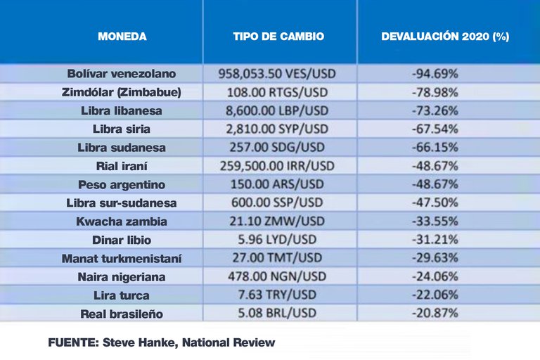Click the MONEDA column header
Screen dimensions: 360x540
(122, 37)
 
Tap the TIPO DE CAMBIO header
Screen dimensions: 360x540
(278, 37)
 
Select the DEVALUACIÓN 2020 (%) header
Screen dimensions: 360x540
(444, 37)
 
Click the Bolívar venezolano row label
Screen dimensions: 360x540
(122, 74)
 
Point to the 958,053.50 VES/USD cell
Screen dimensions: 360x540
(278, 74)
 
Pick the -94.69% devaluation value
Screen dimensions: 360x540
(435, 74)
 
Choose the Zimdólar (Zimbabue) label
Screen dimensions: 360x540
(122, 92)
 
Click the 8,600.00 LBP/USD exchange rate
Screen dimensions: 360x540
(278, 110)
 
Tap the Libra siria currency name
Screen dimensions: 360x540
(122, 129)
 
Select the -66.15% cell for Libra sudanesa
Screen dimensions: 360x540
(435, 147)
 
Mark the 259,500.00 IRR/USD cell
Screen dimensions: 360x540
(278, 166)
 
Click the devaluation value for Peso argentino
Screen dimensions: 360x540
(435, 184)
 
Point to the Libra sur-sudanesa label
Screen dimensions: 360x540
(122, 202)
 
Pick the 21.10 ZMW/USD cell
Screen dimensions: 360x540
(278, 221)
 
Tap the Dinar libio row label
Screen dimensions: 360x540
(122, 240)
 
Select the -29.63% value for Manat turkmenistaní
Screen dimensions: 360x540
(435, 258)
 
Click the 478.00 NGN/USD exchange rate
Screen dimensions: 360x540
(278, 276)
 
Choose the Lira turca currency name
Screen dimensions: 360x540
(122, 295)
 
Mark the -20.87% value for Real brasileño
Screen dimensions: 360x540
(435, 313)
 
